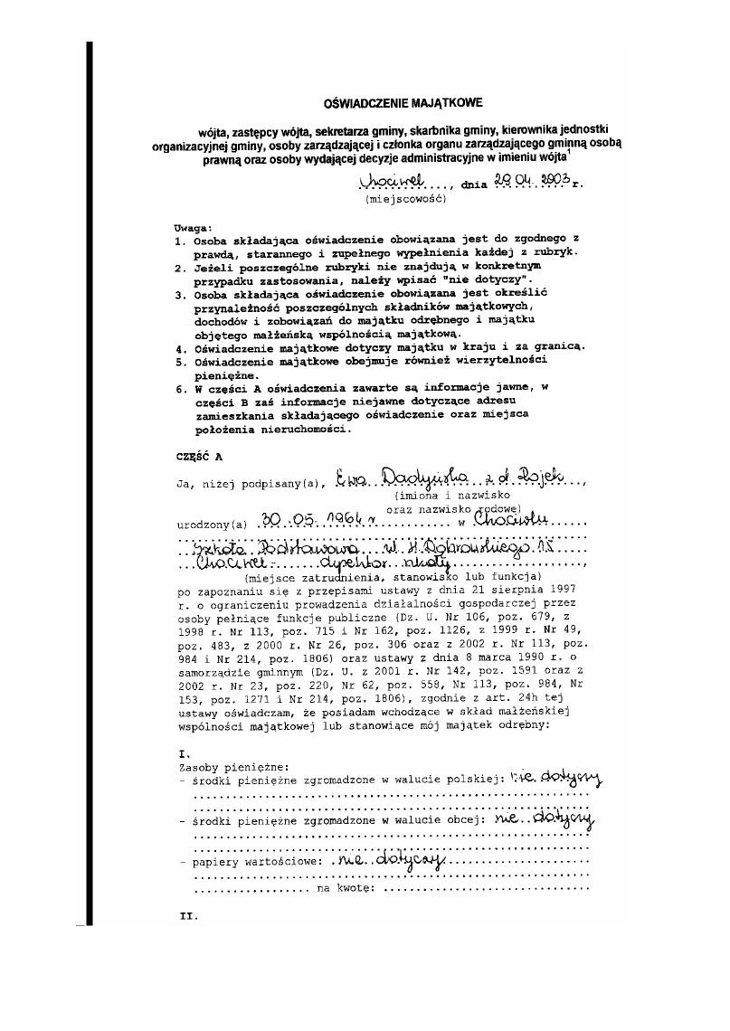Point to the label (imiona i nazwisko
(x=451, y=495)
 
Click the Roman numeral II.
(x=188, y=915)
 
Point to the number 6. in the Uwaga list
(x=181, y=387)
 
